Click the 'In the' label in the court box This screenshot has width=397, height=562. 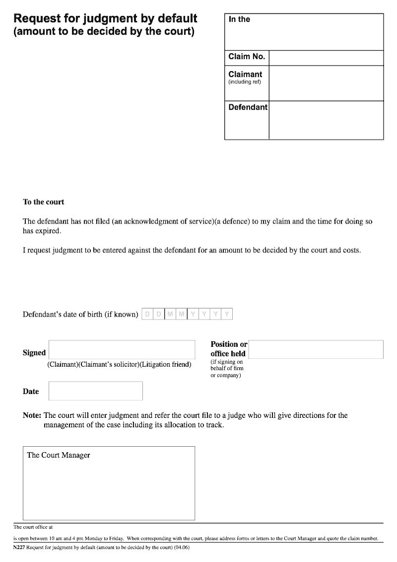239,19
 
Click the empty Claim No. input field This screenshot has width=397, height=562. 326,58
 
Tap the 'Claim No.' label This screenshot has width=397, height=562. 247,57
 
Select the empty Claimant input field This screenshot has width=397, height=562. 326,83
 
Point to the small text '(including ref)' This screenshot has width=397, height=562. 244,82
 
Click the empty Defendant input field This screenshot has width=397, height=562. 326,120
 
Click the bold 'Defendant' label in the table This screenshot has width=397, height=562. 248,107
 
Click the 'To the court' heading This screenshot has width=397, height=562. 44,202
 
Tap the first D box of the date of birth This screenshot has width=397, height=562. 147,314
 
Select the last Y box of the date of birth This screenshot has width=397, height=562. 227,314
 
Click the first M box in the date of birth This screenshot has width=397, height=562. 170,314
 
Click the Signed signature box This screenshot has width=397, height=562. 122,349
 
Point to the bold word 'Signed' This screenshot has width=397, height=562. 34,353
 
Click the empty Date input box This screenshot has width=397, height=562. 95,391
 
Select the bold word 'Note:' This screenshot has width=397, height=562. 32,415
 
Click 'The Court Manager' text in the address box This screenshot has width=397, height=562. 59,455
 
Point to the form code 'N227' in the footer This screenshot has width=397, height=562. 19,548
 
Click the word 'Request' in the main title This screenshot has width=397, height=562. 38,18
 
